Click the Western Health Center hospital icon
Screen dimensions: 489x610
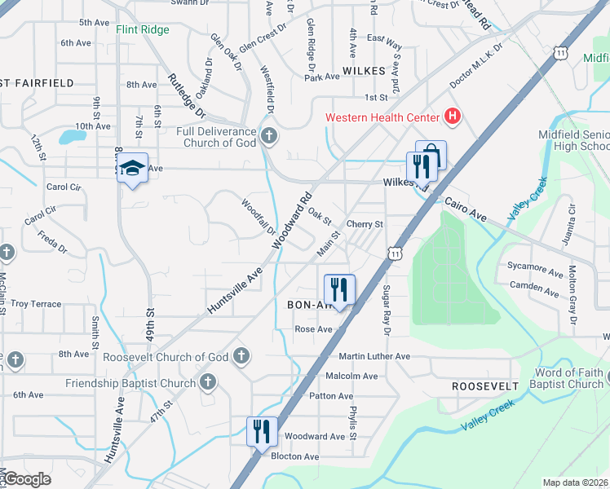pos(453,117)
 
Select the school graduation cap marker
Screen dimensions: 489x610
pos(131,169)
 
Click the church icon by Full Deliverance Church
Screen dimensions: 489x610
pos(269,135)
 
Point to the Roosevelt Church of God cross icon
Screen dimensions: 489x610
pos(241,356)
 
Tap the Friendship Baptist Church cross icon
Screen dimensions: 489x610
pos(208,381)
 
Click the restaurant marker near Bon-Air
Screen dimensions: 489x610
pos(339,289)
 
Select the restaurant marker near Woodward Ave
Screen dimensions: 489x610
pos(262,431)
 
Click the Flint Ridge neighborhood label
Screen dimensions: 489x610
pos(143,30)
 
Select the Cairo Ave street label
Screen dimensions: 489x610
pos(465,210)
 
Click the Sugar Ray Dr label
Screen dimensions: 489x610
pos(387,311)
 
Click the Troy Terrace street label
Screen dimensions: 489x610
pos(36,304)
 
